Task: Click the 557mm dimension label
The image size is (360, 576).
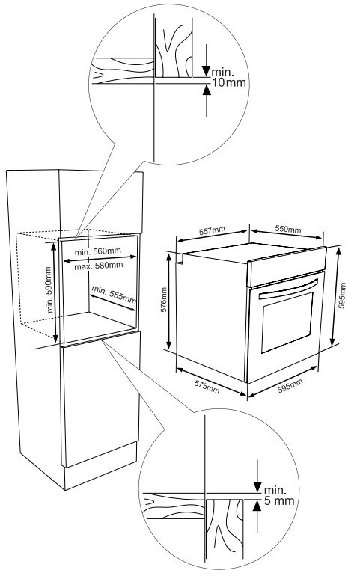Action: point(212,230)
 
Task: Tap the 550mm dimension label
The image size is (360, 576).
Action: point(288,229)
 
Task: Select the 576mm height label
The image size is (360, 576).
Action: point(164,300)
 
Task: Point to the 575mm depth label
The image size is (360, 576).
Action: point(207,387)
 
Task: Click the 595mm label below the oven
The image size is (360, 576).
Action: point(290,386)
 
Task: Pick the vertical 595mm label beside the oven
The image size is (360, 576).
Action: point(342,295)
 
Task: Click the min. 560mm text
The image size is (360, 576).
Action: point(98,251)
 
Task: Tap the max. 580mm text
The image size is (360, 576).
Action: point(99,266)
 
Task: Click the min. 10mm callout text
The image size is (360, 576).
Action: point(228,77)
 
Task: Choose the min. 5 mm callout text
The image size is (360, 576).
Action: point(279,495)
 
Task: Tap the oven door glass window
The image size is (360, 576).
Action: point(287,322)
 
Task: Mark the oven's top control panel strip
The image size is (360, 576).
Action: point(287,266)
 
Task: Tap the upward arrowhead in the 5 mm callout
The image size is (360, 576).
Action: point(257,506)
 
